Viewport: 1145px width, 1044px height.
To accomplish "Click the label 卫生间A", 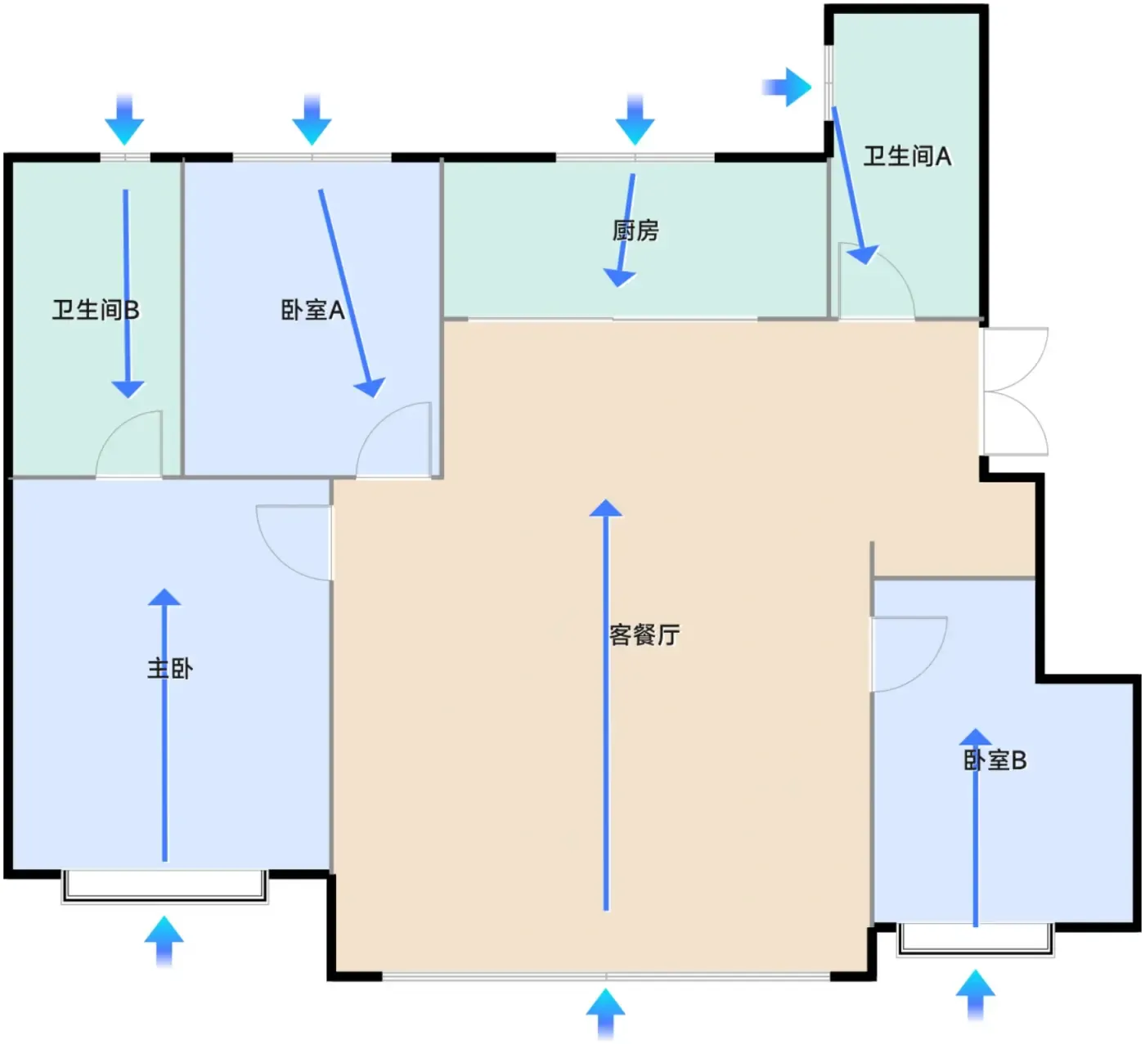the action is point(907,156).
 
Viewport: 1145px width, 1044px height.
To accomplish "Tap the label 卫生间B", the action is point(96,310).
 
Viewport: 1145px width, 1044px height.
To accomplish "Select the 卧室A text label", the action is point(312,310).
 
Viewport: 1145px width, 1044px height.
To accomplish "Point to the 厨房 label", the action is point(635,231).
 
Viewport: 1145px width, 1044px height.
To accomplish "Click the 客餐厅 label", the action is point(644,634).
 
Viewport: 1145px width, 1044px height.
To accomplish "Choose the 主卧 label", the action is point(170,669).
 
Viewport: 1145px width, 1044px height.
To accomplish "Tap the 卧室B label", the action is point(995,760).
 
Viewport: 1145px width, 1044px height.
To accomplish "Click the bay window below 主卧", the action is point(164,886).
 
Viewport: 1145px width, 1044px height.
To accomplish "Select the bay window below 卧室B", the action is point(975,940).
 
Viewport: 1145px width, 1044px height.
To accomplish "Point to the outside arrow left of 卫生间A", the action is point(787,87).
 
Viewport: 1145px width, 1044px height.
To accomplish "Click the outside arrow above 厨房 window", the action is point(635,119).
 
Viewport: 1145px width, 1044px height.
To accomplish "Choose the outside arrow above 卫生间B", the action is point(124,119).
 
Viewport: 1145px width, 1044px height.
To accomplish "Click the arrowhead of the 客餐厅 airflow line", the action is point(605,508).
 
